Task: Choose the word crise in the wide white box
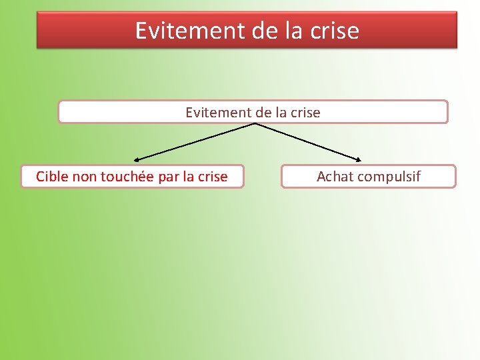305,113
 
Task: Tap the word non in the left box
84,177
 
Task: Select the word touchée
127,177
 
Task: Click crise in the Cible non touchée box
212,177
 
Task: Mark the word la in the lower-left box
189,177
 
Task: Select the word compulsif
389,177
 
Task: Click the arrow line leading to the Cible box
193,142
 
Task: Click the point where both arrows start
254,124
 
